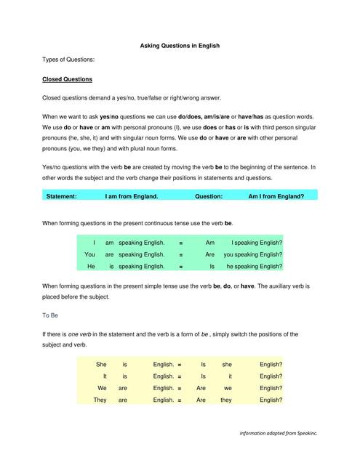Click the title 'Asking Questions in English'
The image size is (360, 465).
pos(180,45)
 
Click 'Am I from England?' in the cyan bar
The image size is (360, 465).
pos(276,196)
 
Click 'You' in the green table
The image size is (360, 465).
pos(90,254)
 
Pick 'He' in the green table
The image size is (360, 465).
pos(92,267)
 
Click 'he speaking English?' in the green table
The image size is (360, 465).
pos(255,267)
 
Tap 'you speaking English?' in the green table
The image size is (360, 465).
pos(253,254)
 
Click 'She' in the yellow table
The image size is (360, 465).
pos(101,363)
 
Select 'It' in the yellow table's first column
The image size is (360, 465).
pos(105,376)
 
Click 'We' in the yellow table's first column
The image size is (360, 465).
pos(103,388)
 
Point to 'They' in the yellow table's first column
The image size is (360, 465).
pos(100,400)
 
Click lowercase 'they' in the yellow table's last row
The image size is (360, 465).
pos(226,400)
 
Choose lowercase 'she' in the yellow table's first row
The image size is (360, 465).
pos(227,363)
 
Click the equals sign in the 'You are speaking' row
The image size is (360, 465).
pos(180,254)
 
